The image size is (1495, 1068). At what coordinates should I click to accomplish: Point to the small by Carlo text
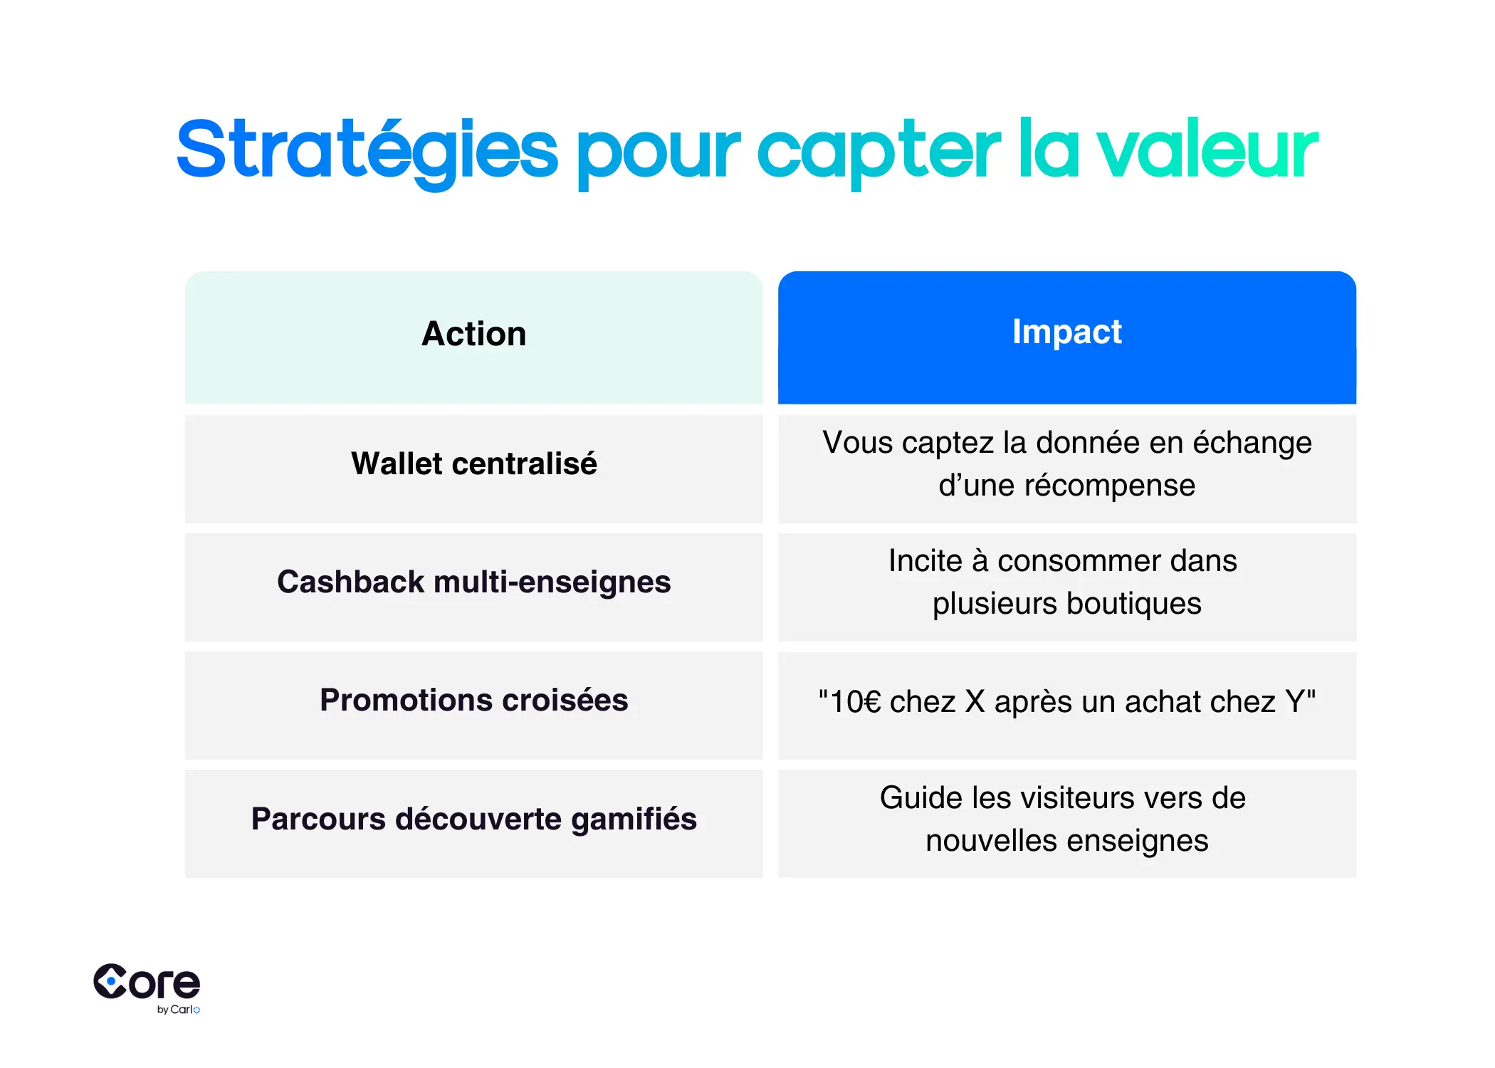pyautogui.click(x=178, y=1010)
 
